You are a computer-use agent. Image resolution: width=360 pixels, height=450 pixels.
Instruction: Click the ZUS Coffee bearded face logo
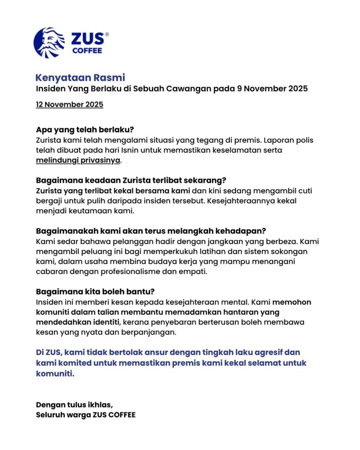tap(49, 43)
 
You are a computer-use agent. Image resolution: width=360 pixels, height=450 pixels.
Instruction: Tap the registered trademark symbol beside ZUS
tap(107, 34)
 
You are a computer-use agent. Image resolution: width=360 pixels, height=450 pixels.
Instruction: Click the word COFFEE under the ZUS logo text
tap(87, 50)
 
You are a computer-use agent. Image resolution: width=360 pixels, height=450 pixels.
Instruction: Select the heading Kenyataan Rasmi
tap(80, 78)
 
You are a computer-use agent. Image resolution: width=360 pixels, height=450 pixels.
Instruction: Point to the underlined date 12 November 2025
tap(69, 105)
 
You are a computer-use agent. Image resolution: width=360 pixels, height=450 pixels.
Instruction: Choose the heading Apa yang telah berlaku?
tap(85, 130)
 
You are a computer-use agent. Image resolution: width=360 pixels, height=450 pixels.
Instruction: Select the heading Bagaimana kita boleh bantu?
tap(95, 292)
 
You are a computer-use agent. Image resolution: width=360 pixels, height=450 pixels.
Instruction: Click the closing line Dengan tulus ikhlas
tap(74, 404)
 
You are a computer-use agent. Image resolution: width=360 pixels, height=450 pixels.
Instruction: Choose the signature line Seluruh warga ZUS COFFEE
tap(86, 414)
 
